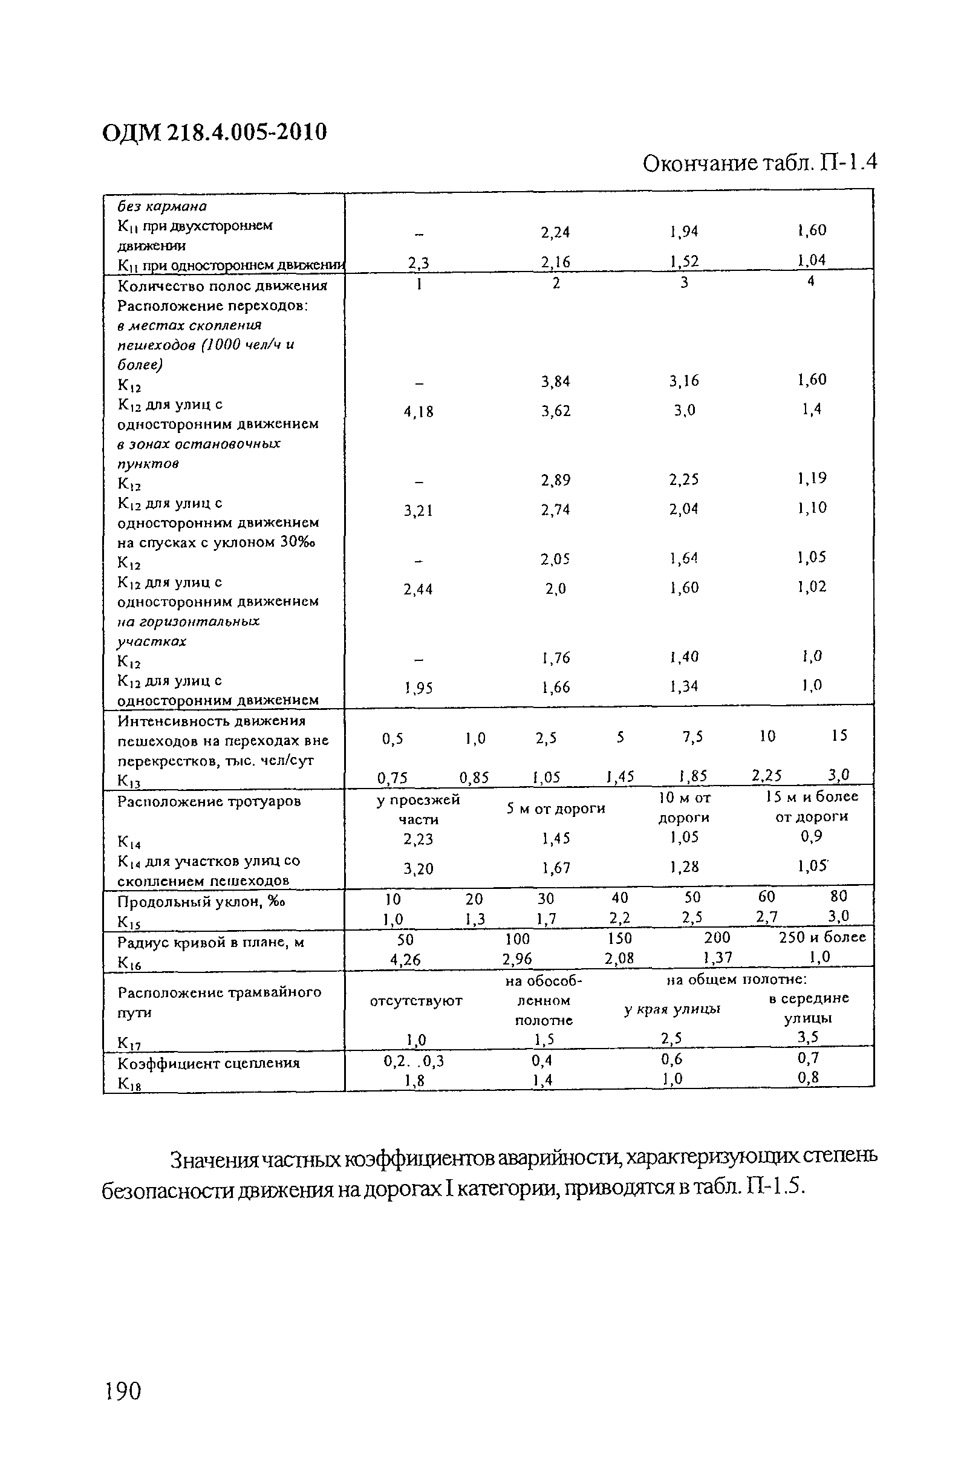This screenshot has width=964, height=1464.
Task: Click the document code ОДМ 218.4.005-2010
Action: coord(214,132)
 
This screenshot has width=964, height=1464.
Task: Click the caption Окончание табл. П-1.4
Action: coord(759,164)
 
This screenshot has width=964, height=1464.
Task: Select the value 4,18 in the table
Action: coord(418,412)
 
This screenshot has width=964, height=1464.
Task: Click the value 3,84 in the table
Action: coord(556,382)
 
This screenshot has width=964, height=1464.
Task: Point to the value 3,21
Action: coord(418,510)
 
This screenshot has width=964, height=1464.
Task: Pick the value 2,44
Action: coord(418,590)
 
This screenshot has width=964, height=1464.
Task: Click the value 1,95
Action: coord(418,688)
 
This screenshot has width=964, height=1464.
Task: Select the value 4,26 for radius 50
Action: coord(405,959)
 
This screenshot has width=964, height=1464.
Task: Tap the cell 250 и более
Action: coord(822,937)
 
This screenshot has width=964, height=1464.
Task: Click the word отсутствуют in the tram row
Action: coord(416,1001)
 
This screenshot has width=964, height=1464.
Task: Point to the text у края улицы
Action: coord(672,1009)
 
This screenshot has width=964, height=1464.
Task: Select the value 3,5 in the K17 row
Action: coord(808,1038)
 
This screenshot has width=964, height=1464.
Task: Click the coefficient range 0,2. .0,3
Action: coord(414,1061)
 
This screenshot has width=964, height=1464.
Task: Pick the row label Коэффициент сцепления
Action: coord(209,1063)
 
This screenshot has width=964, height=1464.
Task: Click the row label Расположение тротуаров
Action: coord(209,801)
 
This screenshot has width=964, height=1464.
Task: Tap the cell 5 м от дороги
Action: coord(556,808)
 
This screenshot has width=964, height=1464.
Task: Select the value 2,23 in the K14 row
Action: coord(418,839)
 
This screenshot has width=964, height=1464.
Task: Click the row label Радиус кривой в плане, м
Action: coord(210,942)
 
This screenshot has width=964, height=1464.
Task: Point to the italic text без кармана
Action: coord(162,206)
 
